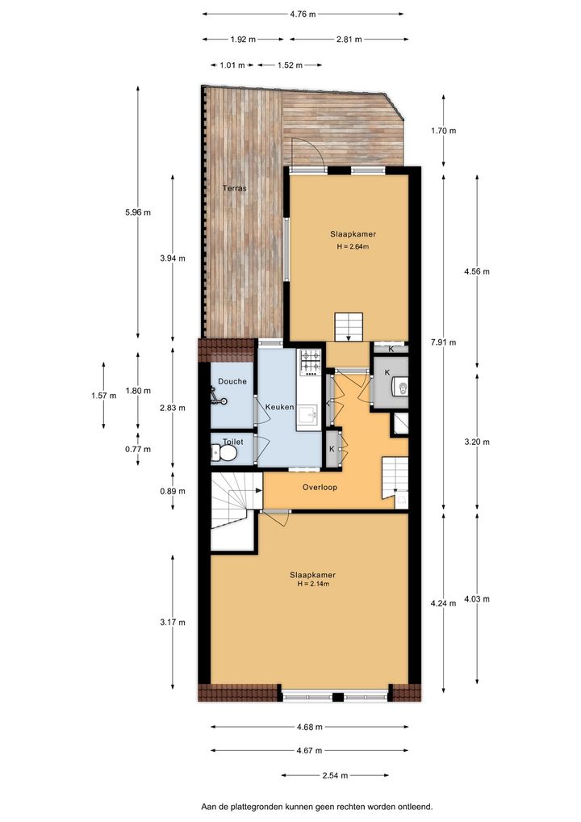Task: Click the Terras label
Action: pyautogui.click(x=234, y=187)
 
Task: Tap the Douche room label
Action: pyautogui.click(x=232, y=381)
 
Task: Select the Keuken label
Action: pyautogui.click(x=279, y=407)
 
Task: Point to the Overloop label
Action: pyautogui.click(x=320, y=487)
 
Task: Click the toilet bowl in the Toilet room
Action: pyautogui.click(x=224, y=453)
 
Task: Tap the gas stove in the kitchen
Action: pyautogui.click(x=310, y=363)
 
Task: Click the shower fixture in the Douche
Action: pyautogui.click(x=219, y=396)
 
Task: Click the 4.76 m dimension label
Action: pyautogui.click(x=303, y=15)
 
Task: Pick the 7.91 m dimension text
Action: pyautogui.click(x=443, y=342)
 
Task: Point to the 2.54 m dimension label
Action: pyautogui.click(x=335, y=775)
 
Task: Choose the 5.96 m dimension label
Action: pyautogui.click(x=138, y=212)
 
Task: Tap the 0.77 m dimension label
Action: pyautogui.click(x=138, y=449)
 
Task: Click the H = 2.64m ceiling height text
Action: pyautogui.click(x=353, y=246)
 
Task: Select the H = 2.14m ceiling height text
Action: pyautogui.click(x=313, y=584)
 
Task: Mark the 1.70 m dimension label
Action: pyautogui.click(x=443, y=131)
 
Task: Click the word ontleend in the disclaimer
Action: pyautogui.click(x=416, y=807)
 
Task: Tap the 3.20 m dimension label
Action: pyautogui.click(x=477, y=442)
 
